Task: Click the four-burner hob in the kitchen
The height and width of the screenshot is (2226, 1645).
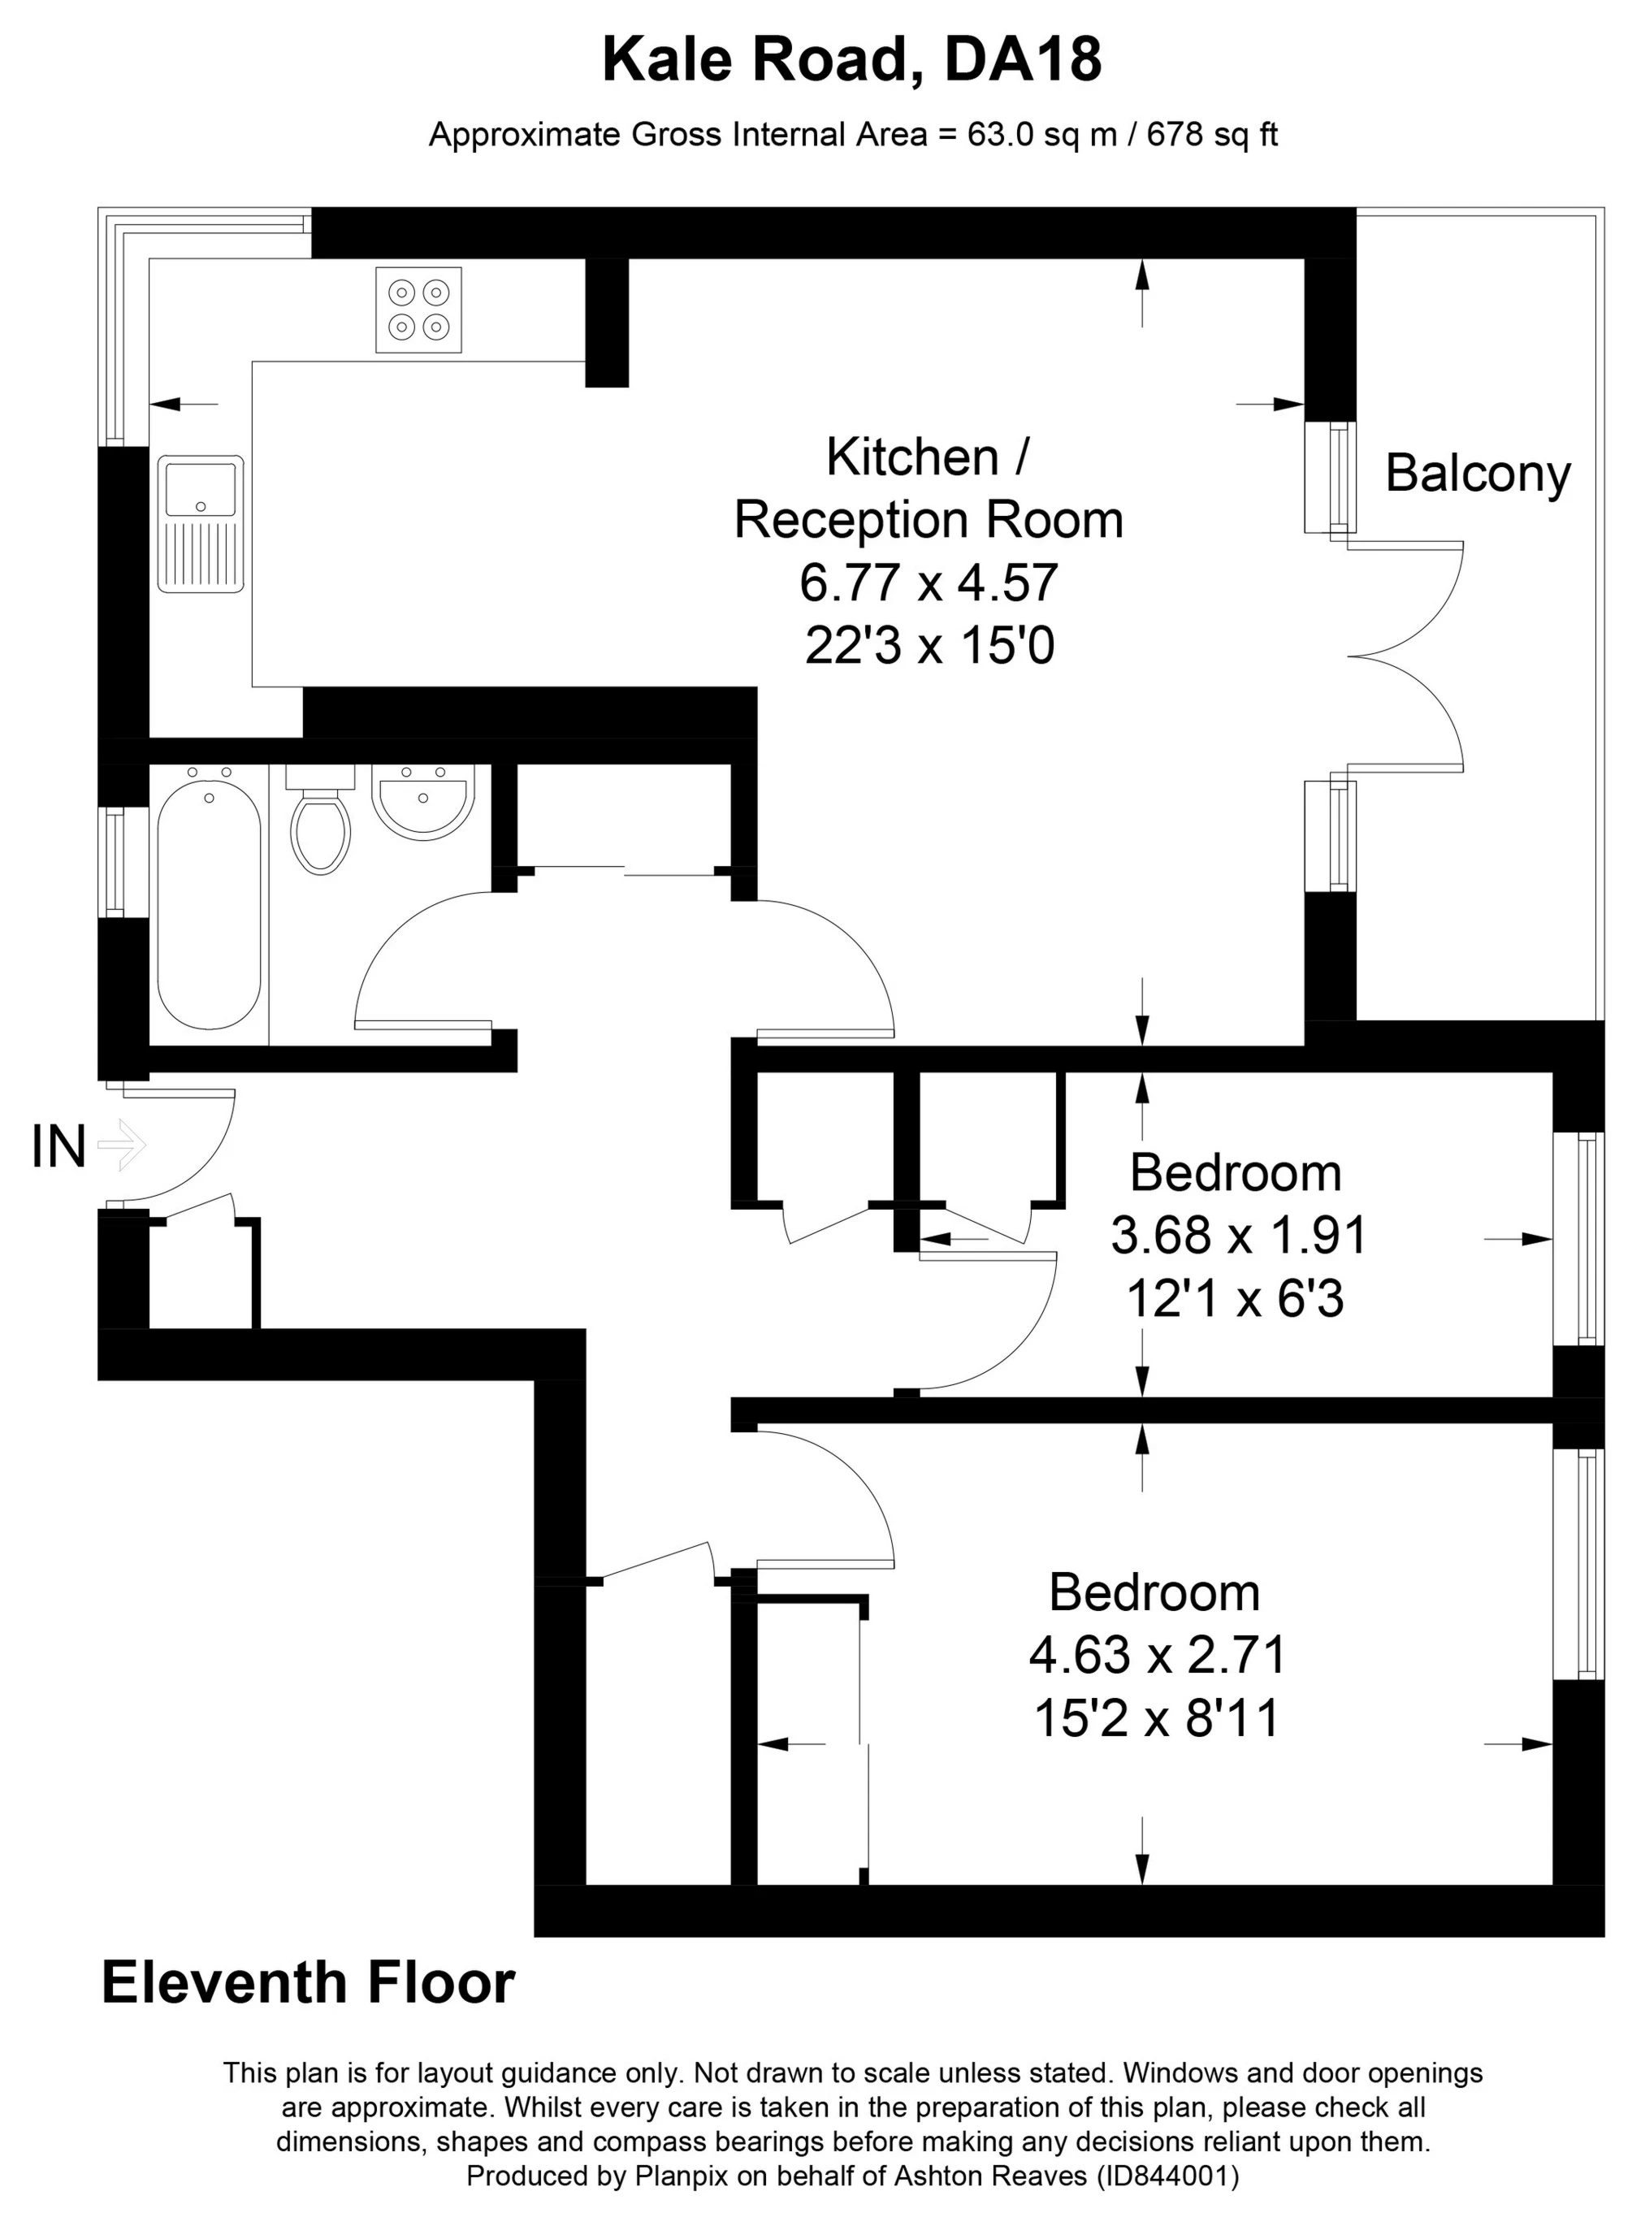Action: coord(418,310)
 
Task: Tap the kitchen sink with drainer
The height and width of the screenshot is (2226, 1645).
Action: coord(200,524)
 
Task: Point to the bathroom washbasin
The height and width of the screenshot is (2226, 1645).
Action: coord(422,803)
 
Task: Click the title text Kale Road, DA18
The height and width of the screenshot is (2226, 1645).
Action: coord(851,60)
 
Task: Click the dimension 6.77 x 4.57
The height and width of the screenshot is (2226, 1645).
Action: coord(928,582)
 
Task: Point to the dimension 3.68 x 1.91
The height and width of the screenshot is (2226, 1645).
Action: coord(1239,1236)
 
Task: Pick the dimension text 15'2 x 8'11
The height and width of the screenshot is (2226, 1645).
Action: coord(1156,1718)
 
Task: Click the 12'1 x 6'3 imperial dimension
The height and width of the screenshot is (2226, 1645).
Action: coord(1235,1299)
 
